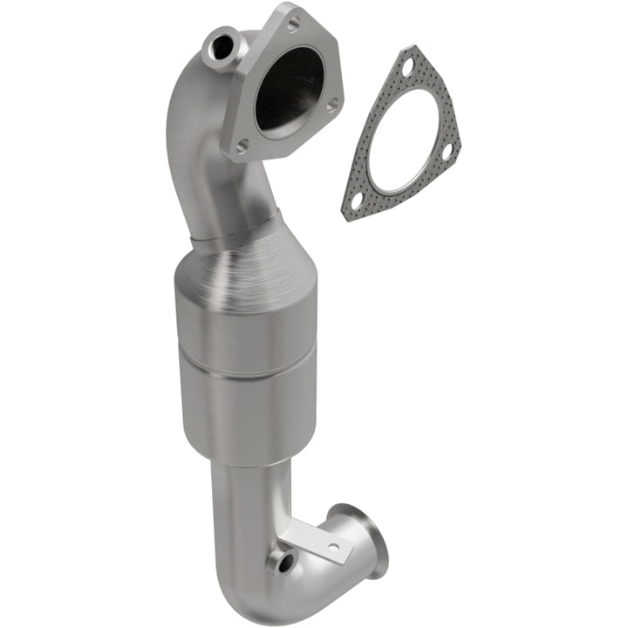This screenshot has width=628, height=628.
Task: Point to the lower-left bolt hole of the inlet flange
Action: (x=242, y=145)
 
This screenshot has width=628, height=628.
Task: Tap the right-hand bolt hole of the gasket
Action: (x=446, y=152)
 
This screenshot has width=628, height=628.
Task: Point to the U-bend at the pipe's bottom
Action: (x=262, y=593)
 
